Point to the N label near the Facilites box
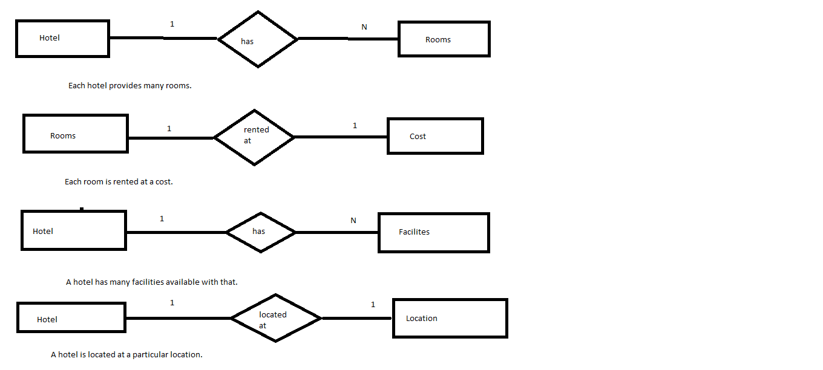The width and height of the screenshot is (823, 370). point(353,221)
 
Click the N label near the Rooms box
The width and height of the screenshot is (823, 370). point(364,27)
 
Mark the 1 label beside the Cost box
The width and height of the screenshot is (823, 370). point(355,126)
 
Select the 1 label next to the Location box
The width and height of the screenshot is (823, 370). point(373,305)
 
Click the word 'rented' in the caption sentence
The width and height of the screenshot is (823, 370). point(125,182)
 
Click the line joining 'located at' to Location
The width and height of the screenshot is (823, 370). point(357,318)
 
